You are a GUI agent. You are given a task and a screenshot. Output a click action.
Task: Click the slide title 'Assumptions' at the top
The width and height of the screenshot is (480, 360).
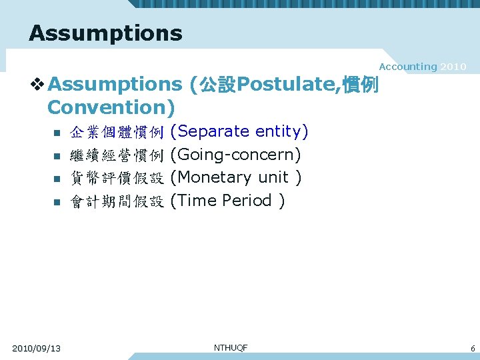105,33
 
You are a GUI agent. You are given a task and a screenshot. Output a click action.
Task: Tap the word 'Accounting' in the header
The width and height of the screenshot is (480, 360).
407,67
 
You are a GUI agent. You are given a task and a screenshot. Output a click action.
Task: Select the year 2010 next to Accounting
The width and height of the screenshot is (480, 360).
453,67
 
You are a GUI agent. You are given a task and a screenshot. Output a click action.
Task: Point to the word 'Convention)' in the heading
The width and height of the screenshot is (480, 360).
111,107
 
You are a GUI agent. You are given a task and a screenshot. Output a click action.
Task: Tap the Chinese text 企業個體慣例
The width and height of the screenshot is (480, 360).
117,132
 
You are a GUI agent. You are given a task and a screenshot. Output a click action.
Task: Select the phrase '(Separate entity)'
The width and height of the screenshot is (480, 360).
239,131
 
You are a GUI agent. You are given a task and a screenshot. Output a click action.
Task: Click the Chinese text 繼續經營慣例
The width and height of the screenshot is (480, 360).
117,155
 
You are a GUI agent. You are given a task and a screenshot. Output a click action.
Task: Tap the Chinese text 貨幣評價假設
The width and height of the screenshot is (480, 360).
117,178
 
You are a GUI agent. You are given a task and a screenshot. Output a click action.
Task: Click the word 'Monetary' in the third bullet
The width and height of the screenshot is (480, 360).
214,177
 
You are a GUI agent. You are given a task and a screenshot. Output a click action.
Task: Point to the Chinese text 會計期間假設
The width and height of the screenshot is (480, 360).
117,201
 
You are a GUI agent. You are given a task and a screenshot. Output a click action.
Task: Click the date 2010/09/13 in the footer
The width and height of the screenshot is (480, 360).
37,348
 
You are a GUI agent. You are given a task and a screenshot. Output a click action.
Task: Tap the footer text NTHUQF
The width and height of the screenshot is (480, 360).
231,347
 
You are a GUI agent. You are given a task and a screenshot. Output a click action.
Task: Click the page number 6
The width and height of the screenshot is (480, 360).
472,348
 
